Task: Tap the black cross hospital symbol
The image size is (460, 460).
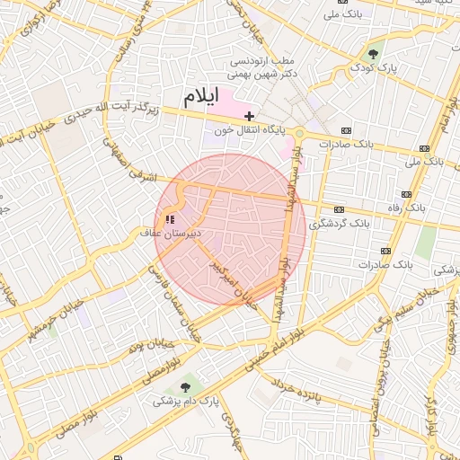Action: coord(249,116)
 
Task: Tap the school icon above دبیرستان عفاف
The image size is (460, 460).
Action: coord(170,218)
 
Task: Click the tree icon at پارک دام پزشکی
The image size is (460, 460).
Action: coord(186,387)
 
